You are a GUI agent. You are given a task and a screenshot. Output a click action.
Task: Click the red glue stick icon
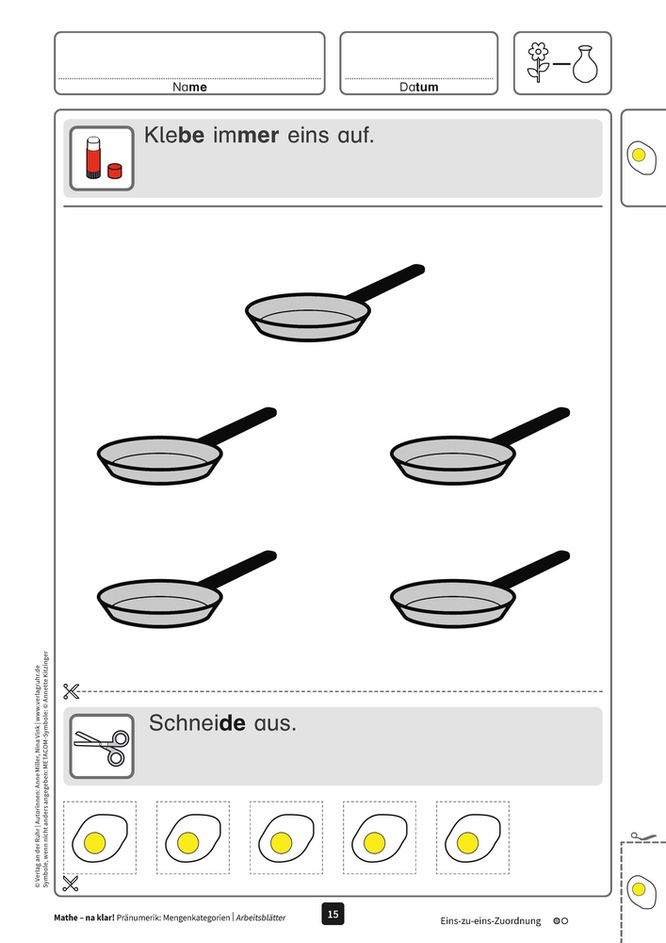[x=94, y=157]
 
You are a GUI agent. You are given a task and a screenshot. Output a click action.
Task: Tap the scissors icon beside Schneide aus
[x=102, y=746]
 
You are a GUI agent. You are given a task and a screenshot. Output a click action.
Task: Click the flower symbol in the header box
[x=539, y=62]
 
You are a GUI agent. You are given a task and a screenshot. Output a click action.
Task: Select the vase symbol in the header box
[x=585, y=64]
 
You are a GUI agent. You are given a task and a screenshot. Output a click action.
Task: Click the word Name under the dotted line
[x=189, y=87]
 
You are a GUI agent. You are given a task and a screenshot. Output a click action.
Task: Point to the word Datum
[x=418, y=87]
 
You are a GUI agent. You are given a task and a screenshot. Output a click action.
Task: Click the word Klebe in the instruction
[x=174, y=135]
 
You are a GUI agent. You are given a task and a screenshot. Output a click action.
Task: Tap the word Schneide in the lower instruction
[x=197, y=722]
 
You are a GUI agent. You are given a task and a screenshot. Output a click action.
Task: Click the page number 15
[x=333, y=914]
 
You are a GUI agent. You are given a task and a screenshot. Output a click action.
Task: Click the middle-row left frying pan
[x=187, y=446]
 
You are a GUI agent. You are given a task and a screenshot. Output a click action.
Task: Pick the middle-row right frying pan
[x=479, y=446]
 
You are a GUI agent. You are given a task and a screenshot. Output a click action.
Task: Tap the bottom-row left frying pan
[x=187, y=588]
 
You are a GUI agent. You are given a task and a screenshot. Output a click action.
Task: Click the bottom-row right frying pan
[x=479, y=588]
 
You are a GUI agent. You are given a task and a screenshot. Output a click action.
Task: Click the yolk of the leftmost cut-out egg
[x=95, y=842]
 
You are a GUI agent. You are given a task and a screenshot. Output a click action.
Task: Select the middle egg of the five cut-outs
[x=285, y=837]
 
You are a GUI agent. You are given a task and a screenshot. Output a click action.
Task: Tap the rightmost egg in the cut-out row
[x=473, y=837]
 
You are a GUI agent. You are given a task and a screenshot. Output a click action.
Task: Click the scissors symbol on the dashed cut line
[x=71, y=691]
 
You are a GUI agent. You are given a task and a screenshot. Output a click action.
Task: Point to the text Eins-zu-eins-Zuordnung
[x=490, y=920]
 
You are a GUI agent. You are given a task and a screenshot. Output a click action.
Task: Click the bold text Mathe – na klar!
[x=84, y=918]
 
